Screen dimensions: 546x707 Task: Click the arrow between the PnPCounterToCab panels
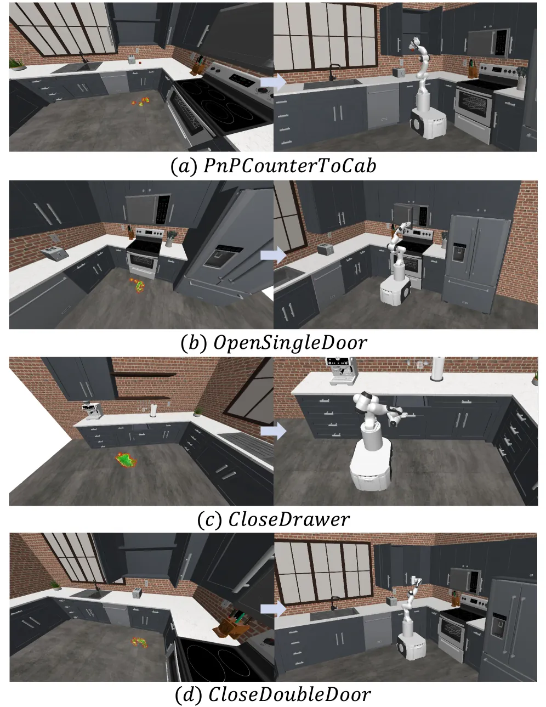[x=273, y=82]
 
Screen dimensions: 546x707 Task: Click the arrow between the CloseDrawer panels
[x=273, y=431]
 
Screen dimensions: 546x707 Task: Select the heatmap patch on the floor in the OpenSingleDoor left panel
[x=139, y=285]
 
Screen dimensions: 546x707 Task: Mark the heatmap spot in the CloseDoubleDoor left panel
[x=139, y=642]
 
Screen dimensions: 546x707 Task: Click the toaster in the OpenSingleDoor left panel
[x=55, y=253]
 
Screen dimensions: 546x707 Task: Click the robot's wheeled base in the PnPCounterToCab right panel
[x=428, y=123]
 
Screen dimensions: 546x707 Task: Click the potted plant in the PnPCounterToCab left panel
[x=17, y=64]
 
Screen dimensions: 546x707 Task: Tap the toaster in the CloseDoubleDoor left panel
[x=137, y=592]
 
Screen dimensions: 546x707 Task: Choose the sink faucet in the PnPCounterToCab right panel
[x=334, y=72]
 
